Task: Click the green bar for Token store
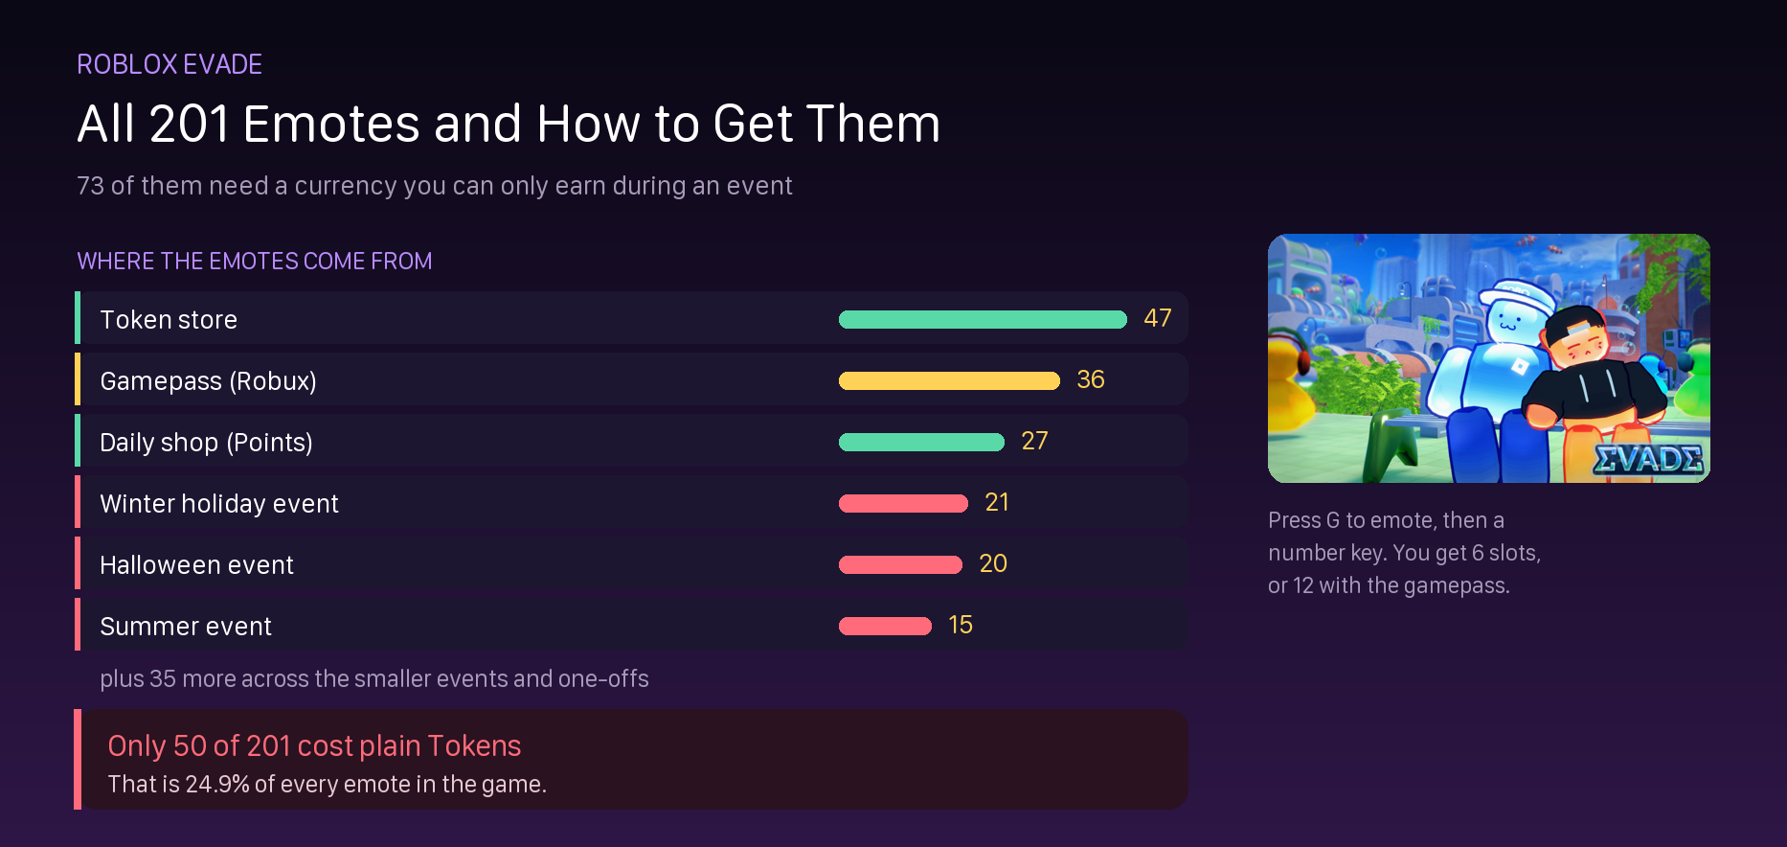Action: click(983, 320)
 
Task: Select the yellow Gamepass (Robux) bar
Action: click(949, 381)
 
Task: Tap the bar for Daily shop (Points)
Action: click(921, 443)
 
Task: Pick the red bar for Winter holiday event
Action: click(903, 504)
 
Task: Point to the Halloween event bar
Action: click(900, 565)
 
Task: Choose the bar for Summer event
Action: click(885, 627)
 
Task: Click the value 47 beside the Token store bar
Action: click(1158, 318)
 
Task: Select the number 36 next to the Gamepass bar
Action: click(1091, 379)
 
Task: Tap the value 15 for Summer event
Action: click(961, 625)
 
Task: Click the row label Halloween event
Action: click(196, 565)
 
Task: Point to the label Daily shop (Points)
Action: click(206, 443)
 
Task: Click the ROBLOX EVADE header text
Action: click(170, 64)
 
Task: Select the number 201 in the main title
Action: click(190, 125)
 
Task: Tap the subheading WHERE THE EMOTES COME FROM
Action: click(255, 261)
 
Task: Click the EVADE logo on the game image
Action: click(1648, 460)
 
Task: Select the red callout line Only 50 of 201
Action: click(314, 745)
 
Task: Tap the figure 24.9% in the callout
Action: click(217, 784)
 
